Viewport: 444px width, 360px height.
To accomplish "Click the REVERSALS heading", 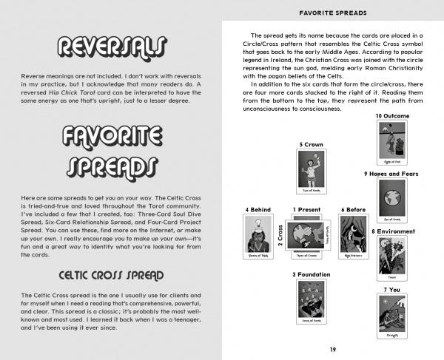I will tap(111, 48).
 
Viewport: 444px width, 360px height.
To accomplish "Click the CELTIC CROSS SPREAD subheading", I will tap(111, 276).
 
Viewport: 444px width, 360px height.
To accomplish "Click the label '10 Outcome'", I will tap(393, 116).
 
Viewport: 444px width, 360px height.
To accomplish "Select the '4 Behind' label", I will tap(258, 210).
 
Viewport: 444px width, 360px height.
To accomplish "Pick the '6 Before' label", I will tap(353, 210).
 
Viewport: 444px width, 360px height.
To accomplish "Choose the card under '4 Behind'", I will tap(258, 240).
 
